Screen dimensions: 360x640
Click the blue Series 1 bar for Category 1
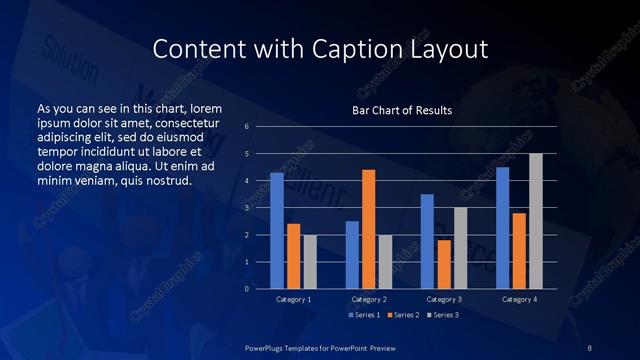click(x=277, y=230)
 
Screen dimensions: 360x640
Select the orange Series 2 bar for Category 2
click(x=368, y=229)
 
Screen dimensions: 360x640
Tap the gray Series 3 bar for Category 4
click(x=535, y=220)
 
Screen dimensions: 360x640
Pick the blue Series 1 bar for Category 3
click(x=427, y=241)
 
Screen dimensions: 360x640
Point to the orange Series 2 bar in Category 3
click(x=443, y=264)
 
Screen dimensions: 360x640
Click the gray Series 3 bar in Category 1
click(x=309, y=261)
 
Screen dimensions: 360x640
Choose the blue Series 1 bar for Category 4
click(x=502, y=227)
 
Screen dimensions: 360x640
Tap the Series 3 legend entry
click(x=443, y=315)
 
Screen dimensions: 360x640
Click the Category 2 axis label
click(x=368, y=299)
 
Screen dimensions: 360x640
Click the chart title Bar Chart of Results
click(x=402, y=110)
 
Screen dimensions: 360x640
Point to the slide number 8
click(x=589, y=346)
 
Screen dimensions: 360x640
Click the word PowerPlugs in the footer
click(x=269, y=346)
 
